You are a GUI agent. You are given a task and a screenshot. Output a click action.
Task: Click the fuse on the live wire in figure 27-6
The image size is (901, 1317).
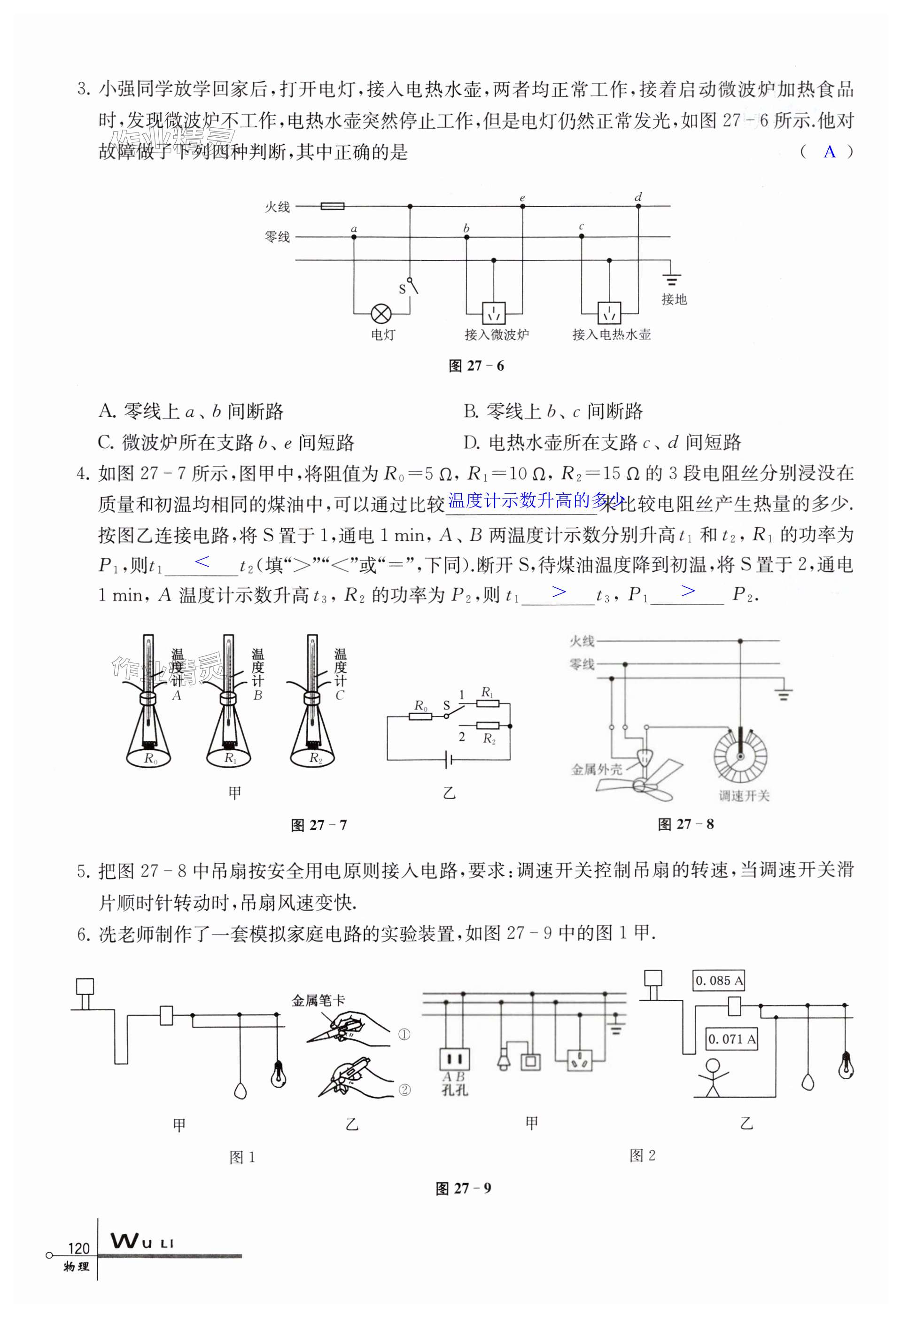point(332,206)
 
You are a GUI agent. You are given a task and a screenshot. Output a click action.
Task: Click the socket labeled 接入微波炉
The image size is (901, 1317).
point(494,312)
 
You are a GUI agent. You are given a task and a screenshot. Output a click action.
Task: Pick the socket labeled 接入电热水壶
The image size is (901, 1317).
point(609,312)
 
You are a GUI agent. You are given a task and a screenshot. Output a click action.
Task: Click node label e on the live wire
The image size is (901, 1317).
point(522,198)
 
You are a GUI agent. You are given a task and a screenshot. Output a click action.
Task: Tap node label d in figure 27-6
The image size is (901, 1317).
point(638,197)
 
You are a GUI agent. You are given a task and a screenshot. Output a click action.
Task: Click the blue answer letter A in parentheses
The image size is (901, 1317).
point(829,151)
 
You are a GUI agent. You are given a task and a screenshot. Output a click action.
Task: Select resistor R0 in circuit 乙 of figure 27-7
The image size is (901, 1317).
point(420,717)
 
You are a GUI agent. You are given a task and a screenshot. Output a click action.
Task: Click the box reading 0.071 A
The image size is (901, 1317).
point(731,1039)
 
